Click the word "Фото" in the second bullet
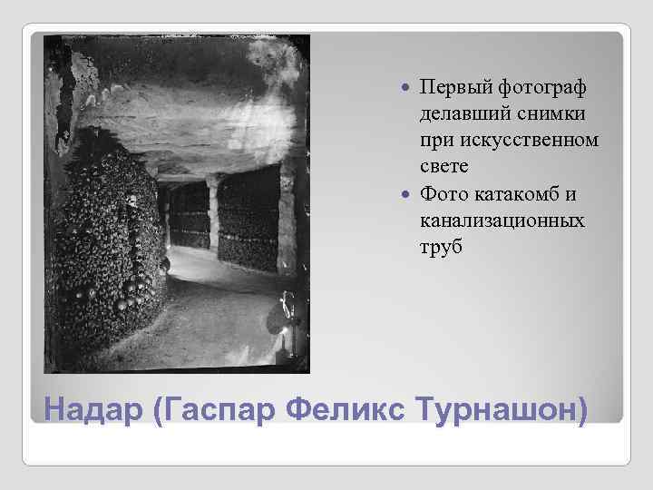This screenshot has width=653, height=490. pos(443,195)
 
